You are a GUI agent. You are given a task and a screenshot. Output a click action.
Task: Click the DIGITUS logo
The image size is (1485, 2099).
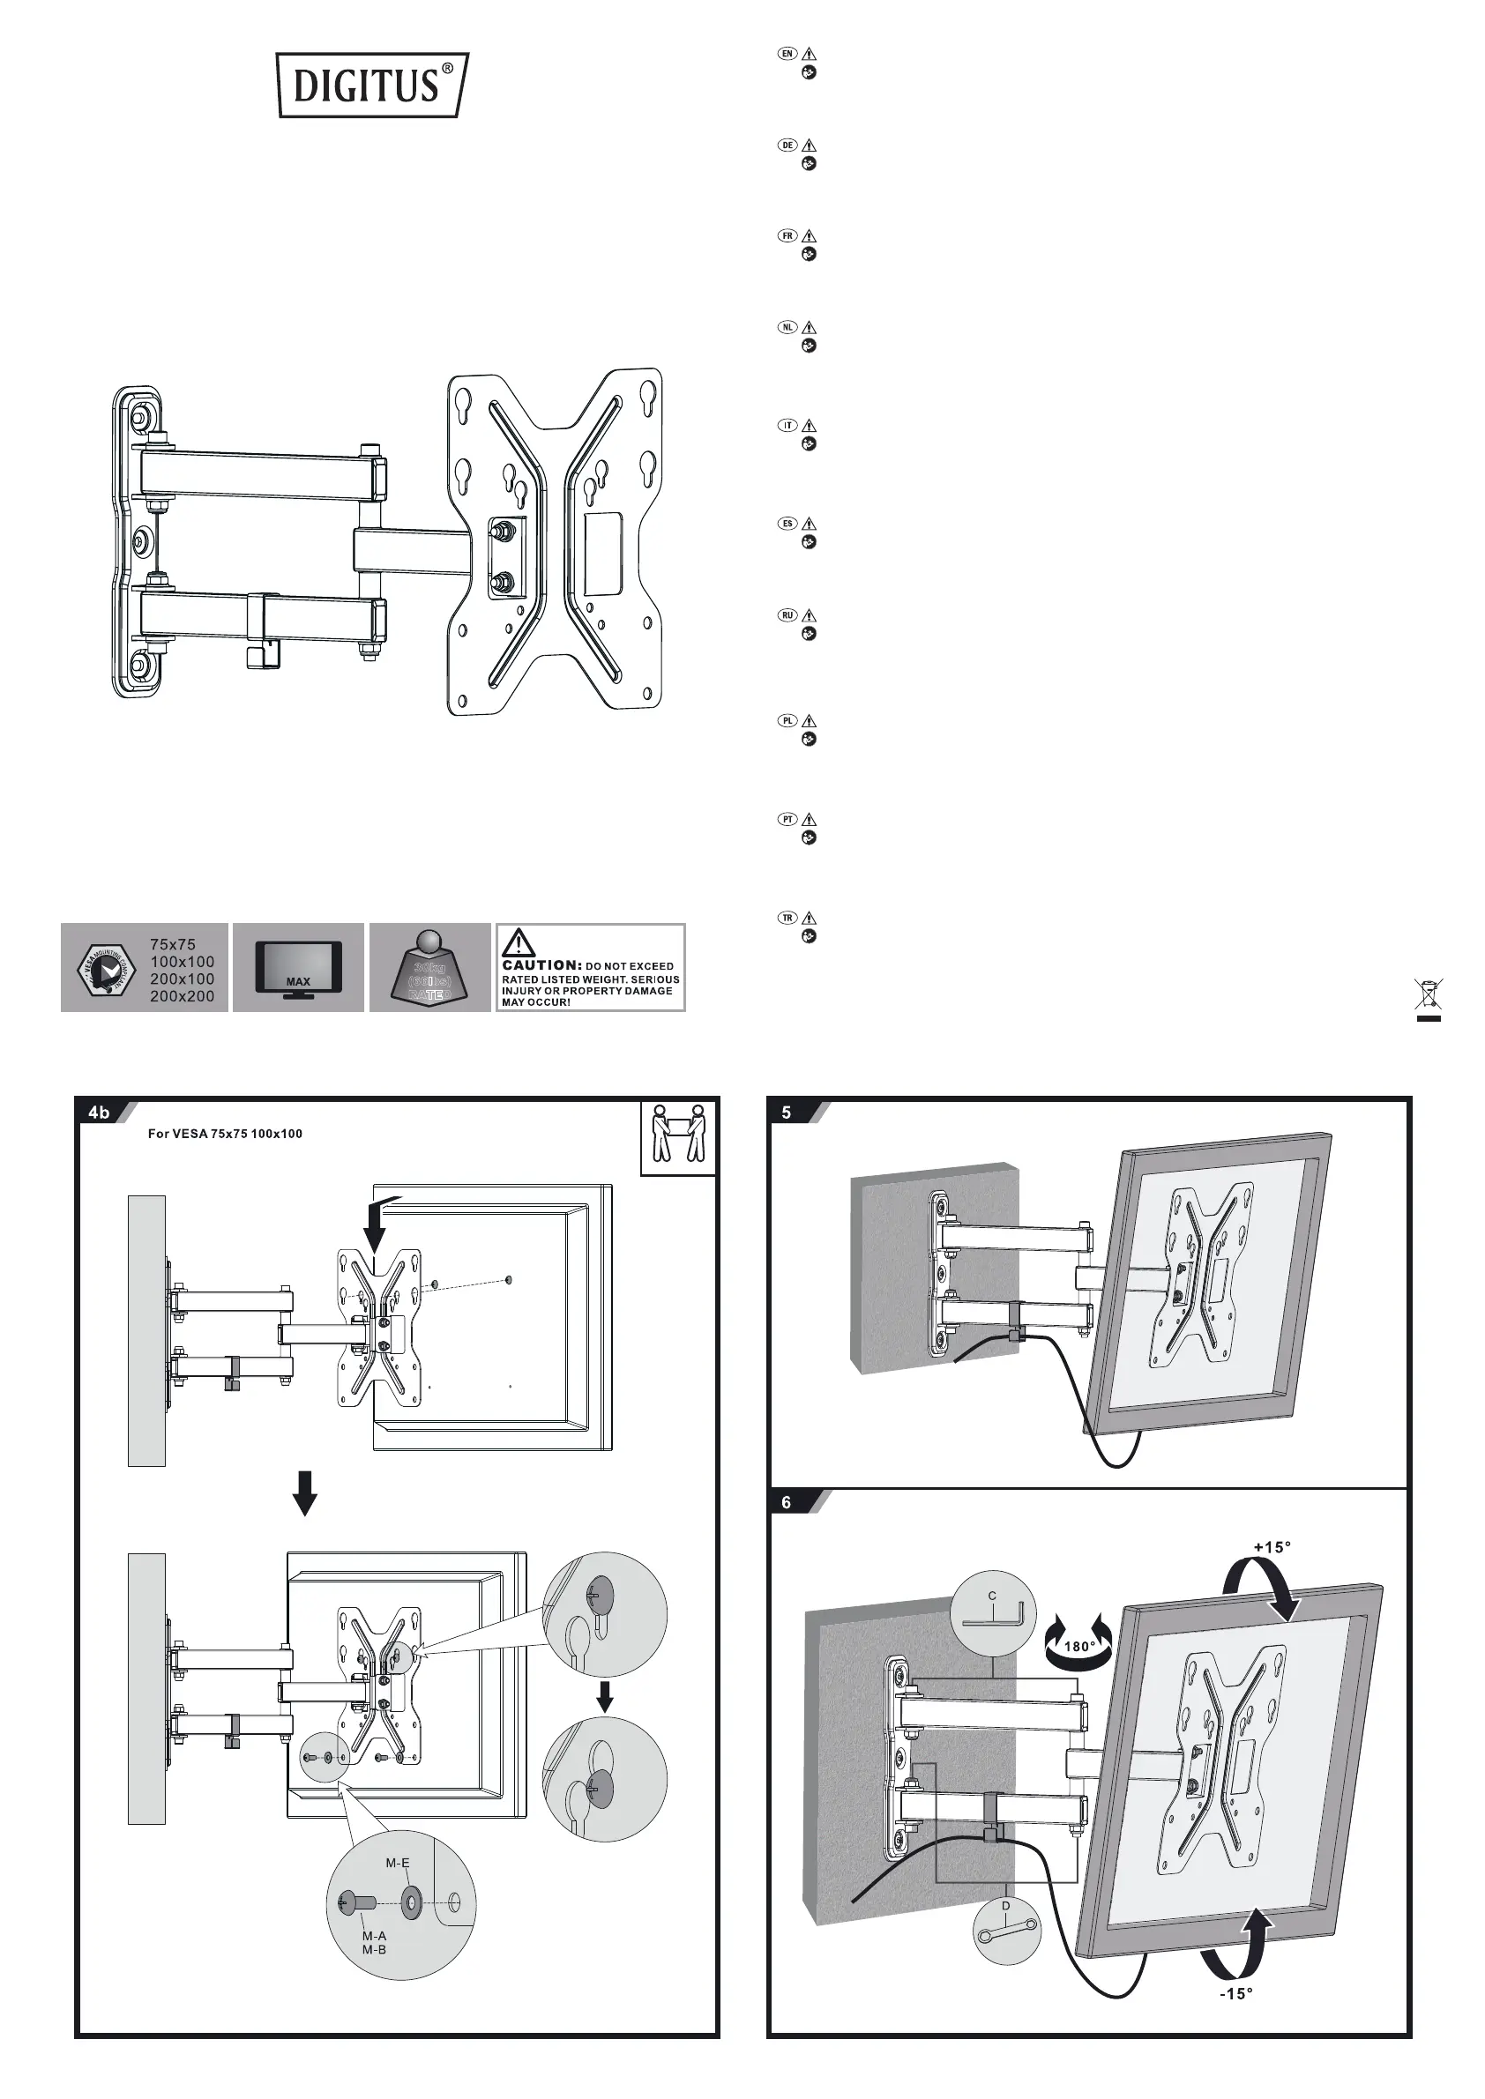coord(371,85)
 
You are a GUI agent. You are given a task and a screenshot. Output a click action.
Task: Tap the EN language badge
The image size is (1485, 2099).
coord(787,54)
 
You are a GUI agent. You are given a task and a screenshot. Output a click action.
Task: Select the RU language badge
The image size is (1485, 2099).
coord(787,615)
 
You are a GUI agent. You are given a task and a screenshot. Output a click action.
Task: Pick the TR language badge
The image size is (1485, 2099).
coord(787,918)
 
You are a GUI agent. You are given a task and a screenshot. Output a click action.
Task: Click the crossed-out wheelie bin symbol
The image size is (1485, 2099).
coord(1429,997)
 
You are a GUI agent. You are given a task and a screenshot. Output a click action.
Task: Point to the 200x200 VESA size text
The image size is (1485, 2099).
coord(182,996)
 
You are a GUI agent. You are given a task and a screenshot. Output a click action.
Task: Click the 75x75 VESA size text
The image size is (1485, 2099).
coord(173,944)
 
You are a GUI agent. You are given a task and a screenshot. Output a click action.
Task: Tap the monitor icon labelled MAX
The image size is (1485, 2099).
coord(298,967)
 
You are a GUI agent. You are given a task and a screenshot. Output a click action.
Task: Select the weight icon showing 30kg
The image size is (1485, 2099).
coord(429,969)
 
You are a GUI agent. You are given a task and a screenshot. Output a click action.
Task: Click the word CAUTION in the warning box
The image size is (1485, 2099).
coord(541,965)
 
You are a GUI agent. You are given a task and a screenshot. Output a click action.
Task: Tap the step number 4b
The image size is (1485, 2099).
coord(99,1113)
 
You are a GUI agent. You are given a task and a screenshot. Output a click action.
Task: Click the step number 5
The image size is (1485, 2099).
coord(787,1113)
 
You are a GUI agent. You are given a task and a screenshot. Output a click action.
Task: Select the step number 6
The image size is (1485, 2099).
coord(787,1502)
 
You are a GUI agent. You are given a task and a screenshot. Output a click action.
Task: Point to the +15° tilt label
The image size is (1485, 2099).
coord(1272,1547)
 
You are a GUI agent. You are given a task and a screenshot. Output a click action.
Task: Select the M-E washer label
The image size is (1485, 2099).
coord(398,1862)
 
